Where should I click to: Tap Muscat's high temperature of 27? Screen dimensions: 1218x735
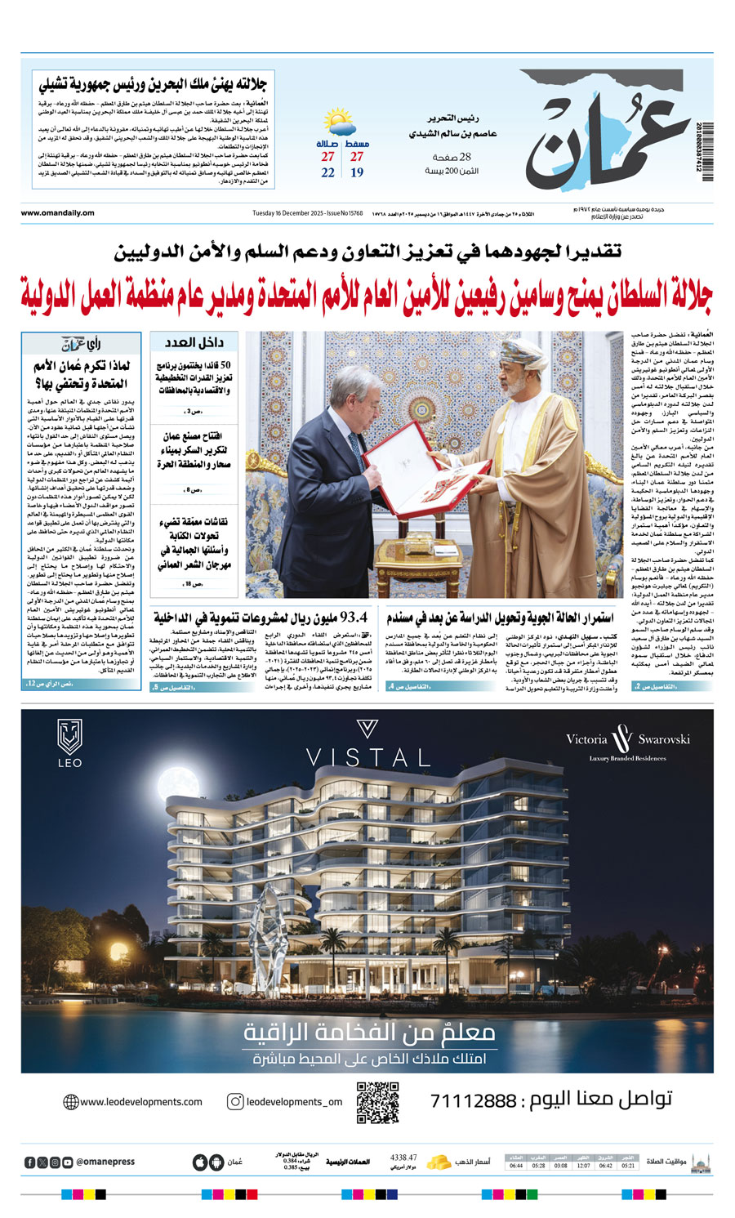pyautogui.click(x=357, y=156)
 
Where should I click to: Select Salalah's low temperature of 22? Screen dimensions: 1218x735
pyautogui.click(x=327, y=172)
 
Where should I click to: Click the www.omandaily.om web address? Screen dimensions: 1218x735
pyautogui.click(x=58, y=213)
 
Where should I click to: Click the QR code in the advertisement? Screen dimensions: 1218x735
pyautogui.click(x=378, y=1101)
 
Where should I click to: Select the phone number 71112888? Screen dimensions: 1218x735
pyautogui.click(x=474, y=1101)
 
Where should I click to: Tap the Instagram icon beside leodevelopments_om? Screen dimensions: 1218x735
pyautogui.click(x=235, y=1101)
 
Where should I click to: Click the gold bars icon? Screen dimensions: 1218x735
pyautogui.click(x=439, y=1161)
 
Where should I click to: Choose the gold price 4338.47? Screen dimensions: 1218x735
pyautogui.click(x=403, y=1158)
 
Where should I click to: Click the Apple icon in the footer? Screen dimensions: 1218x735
pyautogui.click(x=199, y=1162)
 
